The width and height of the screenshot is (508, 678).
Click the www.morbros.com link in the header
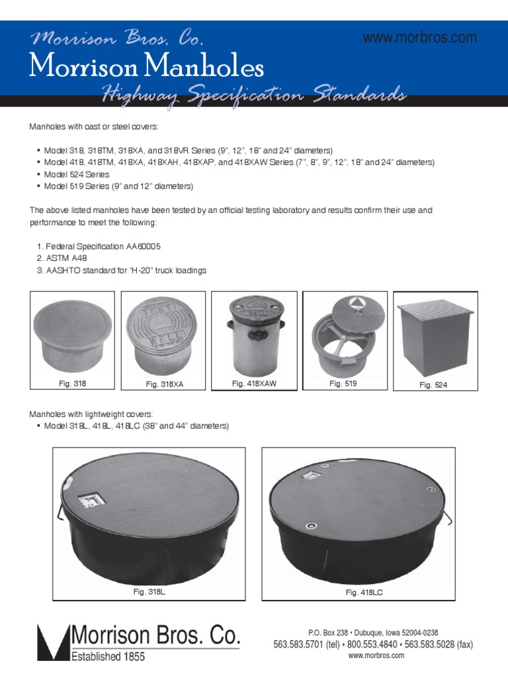click(x=419, y=38)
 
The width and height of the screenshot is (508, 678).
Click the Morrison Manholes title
click(x=147, y=67)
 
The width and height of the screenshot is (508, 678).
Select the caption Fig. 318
click(x=73, y=383)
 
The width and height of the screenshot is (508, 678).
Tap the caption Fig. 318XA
click(x=165, y=384)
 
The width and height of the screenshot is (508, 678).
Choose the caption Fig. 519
click(x=343, y=383)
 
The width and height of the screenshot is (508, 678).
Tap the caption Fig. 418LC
click(x=364, y=593)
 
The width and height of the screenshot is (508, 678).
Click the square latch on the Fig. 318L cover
click(x=88, y=497)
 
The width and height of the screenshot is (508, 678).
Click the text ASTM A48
click(x=62, y=258)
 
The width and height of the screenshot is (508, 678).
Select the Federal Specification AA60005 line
click(x=99, y=246)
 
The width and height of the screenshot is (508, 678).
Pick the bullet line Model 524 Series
click(x=77, y=174)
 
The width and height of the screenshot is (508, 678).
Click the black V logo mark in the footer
click(x=53, y=643)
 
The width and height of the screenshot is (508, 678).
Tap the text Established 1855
click(x=108, y=657)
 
